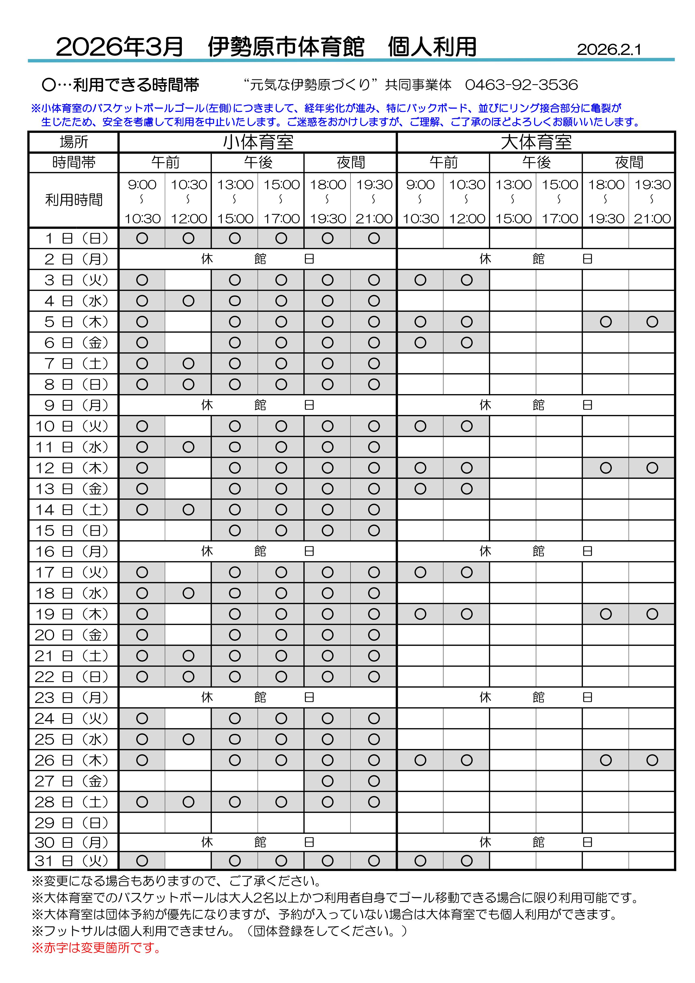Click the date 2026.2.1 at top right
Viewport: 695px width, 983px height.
pos(609,50)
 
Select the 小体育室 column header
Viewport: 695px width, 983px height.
pos(258,142)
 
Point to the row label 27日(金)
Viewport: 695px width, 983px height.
pos(74,781)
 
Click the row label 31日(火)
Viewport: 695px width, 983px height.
pos(74,861)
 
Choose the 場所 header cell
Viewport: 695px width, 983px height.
pos(74,142)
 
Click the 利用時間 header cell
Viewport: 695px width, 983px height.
pos(74,200)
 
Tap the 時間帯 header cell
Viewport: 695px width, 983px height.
pos(74,162)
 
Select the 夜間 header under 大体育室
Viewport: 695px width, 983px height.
pos(629,162)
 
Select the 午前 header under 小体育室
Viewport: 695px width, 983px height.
pos(165,162)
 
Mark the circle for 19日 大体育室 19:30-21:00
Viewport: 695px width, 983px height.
pos(652,614)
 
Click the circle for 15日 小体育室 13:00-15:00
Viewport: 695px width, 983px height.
pos(235,531)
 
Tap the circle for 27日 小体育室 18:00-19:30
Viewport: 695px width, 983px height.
pos(327,781)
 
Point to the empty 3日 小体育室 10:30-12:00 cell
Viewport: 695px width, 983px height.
pos(188,280)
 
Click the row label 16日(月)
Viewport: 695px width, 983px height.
pos(74,551)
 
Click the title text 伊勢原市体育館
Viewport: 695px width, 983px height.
pos(286,47)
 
